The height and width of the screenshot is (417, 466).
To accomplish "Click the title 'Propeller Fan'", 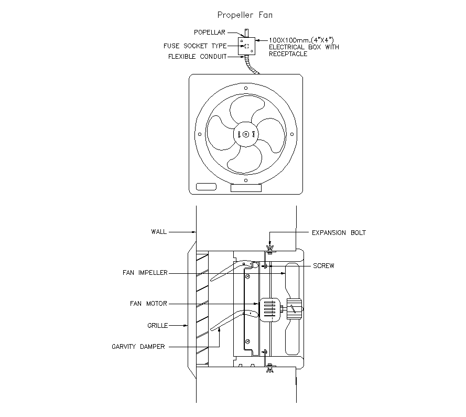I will pos(245,15).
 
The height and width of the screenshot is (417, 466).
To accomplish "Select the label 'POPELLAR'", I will pos(210,33).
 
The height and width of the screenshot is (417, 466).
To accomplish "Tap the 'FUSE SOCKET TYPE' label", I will pos(195,46).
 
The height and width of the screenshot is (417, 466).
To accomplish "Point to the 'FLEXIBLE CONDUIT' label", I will pos(197,57).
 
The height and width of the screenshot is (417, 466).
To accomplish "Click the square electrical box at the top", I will pos(246,45).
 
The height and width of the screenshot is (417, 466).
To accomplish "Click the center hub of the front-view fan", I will pos(246,134).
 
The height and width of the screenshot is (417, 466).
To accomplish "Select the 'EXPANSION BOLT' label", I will pos(339,232).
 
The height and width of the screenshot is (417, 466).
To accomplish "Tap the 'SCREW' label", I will pos(323,266).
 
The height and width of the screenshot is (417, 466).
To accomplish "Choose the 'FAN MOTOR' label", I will pos(149,303).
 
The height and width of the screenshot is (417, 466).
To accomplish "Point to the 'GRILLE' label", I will pos(157,326).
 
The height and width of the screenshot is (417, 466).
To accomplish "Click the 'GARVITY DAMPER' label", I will pos(138,347).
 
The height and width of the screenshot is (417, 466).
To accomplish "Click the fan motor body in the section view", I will pos(269,309).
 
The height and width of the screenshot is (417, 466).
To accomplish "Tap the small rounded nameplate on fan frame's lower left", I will pos(205,186).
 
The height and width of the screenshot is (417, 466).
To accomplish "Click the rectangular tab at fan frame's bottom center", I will pos(246,187).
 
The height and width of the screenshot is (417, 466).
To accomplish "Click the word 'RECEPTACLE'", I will pos(288,54).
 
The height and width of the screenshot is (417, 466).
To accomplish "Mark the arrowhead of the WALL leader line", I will pos(193,231).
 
